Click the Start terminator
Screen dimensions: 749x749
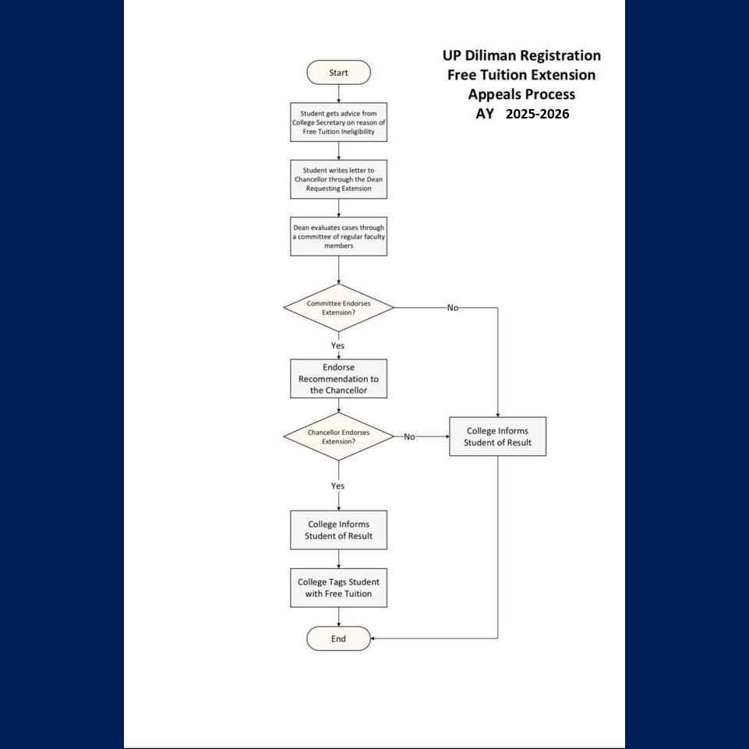pos(338,72)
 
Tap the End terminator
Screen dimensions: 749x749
pos(338,638)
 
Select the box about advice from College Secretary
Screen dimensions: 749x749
pos(339,122)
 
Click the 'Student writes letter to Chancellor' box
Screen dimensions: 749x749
pos(339,179)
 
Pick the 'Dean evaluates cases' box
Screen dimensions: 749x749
pos(339,236)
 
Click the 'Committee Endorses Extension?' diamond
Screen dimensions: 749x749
pos(339,308)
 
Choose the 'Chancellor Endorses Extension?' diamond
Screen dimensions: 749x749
pos(339,436)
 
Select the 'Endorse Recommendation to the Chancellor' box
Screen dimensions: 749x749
pos(339,379)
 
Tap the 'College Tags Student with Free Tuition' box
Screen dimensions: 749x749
pos(339,588)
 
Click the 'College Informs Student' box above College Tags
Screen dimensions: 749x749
pos(339,530)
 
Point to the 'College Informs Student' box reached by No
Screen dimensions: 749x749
pos(498,436)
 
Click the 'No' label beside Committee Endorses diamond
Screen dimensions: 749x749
pos(453,308)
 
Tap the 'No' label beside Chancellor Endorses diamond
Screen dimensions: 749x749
pos(409,437)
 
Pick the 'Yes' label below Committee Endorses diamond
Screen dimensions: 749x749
pos(337,345)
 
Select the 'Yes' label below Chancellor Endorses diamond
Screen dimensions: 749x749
pos(337,486)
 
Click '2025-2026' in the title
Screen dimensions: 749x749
pos(537,114)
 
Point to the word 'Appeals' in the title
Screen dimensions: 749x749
pos(493,94)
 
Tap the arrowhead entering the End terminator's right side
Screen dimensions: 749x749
pos(373,638)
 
